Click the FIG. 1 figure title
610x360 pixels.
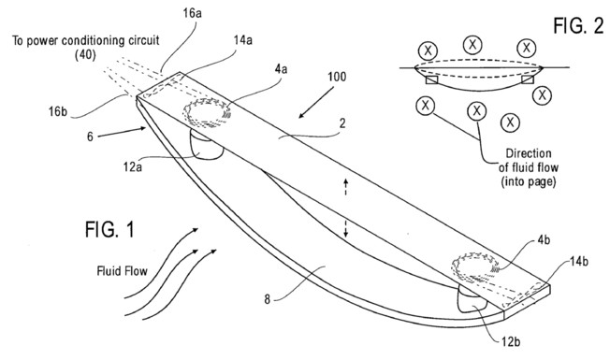coord(109,229)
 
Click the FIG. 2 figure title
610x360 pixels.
coord(578,26)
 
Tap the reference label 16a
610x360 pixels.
coord(192,13)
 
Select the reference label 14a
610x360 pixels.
coord(242,39)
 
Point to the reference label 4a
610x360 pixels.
coord(281,69)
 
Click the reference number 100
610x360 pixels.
coord(337,76)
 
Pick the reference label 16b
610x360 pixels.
coord(58,111)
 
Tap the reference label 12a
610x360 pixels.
coord(133,166)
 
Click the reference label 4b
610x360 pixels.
coord(544,240)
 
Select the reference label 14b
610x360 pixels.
coord(579,261)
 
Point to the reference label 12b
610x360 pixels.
coord(511,341)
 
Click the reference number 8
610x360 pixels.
coord(268,299)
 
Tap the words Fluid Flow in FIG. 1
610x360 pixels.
coord(123,270)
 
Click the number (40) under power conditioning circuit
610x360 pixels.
coord(85,54)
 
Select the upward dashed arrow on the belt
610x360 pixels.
coord(346,187)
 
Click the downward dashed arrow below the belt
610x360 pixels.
coord(346,228)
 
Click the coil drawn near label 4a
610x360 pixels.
coord(207,113)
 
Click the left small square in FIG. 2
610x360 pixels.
coord(432,79)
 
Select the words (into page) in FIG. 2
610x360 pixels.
coord(529,181)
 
